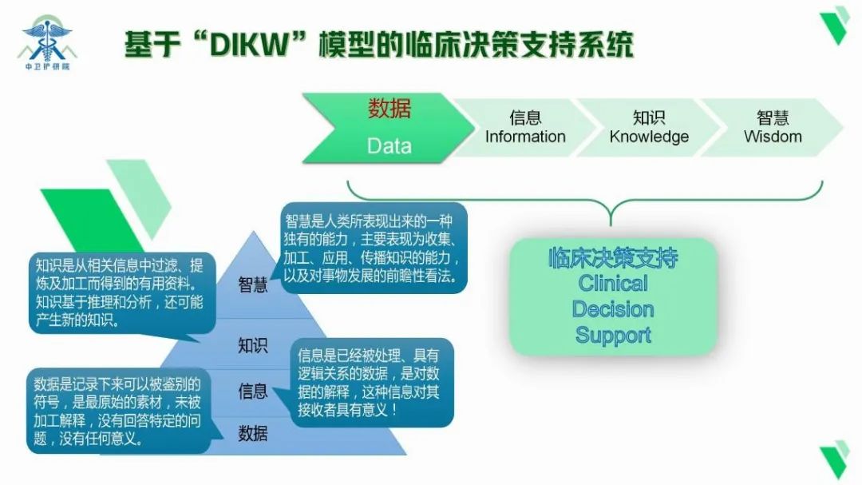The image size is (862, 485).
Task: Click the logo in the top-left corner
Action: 47,40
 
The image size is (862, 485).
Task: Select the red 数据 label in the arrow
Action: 389,108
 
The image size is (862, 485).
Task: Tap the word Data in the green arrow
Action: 389,145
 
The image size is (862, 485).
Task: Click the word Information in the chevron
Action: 525,137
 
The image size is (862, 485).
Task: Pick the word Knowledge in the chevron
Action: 649,137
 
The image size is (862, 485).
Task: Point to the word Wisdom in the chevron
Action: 773,137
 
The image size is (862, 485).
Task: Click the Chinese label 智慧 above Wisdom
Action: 773,117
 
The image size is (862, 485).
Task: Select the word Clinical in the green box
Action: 613,283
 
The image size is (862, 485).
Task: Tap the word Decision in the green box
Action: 613,309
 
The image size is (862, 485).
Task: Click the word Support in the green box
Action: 613,335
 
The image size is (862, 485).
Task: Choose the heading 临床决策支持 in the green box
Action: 613,257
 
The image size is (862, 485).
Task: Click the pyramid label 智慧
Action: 253,285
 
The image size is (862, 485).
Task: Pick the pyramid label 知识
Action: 253,346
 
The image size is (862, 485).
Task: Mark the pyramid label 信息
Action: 253,391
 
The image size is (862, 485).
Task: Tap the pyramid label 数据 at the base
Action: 253,434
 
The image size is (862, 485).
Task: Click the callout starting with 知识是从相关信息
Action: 120,292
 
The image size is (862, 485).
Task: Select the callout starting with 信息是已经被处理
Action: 372,382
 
